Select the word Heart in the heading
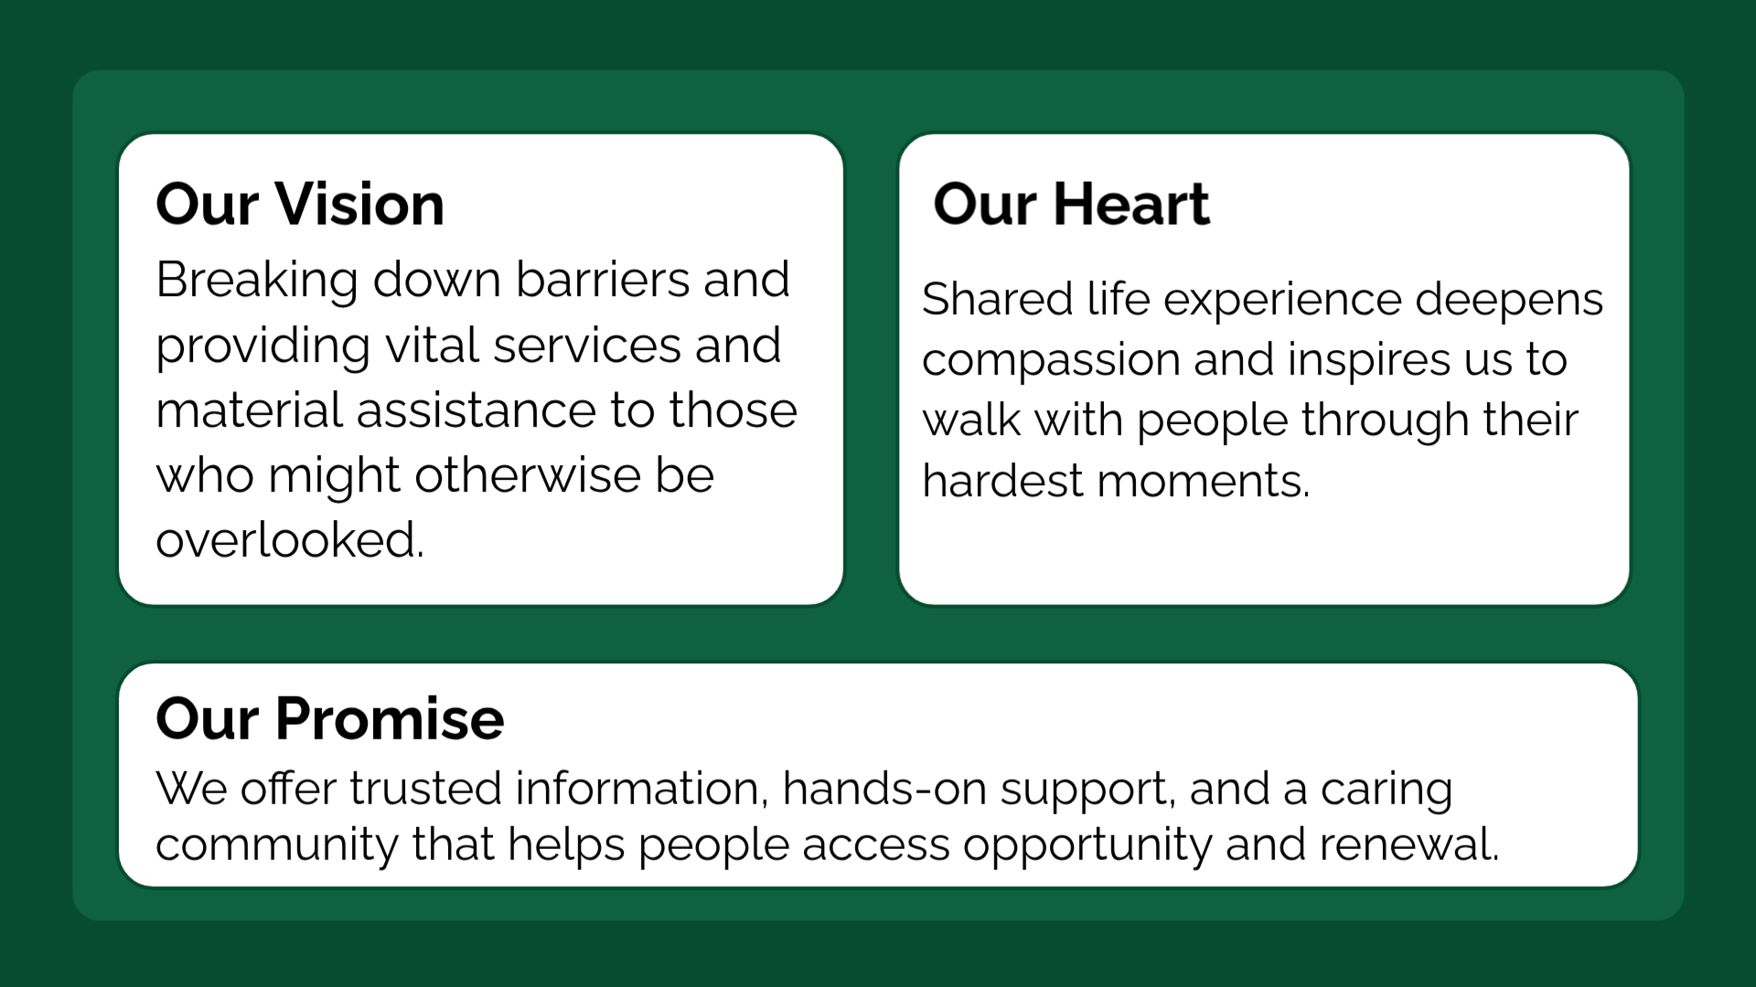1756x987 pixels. (x=1131, y=204)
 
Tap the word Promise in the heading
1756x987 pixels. (x=390, y=718)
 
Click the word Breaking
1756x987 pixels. (x=257, y=281)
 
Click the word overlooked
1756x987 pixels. (x=290, y=540)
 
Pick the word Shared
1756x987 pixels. (x=997, y=299)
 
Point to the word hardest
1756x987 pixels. (x=1002, y=481)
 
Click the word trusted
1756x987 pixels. (x=425, y=789)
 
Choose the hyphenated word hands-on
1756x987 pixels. (x=884, y=789)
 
